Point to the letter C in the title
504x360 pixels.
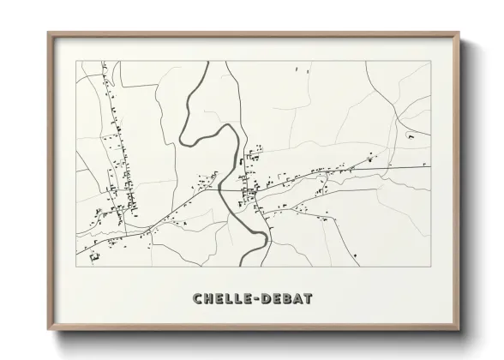click(198, 299)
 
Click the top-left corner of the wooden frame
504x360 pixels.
click(48, 33)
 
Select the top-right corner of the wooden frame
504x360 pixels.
click(459, 33)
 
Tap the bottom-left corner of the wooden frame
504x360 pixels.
click(48, 331)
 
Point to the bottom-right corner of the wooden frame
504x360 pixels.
click(459, 331)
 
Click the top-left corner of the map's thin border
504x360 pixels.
click(76, 61)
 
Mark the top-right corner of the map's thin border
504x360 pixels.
click(431, 61)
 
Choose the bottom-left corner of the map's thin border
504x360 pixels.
click(76, 267)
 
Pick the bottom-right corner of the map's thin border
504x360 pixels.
click(431, 267)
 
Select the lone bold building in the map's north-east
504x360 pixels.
click(411, 137)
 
